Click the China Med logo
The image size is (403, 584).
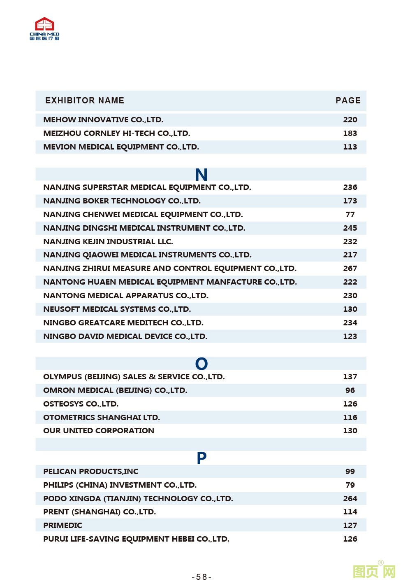click(44, 29)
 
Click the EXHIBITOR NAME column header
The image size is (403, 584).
click(85, 100)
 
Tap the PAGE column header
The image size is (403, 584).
click(348, 100)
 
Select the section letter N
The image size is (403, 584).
click(201, 175)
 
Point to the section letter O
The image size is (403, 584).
click(201, 364)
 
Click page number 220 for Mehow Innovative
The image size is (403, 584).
click(350, 120)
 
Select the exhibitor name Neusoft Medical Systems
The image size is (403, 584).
click(117, 309)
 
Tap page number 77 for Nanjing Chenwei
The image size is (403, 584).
click(350, 214)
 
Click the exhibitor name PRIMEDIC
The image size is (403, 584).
click(63, 526)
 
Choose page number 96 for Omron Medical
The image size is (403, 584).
click(350, 390)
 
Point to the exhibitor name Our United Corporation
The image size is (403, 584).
click(99, 430)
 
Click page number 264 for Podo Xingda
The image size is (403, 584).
click(350, 498)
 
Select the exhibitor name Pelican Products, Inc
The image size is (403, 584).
click(91, 472)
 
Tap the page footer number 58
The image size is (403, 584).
click(201, 577)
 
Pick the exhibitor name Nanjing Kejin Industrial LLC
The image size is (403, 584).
click(108, 241)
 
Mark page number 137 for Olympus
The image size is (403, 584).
click(350, 377)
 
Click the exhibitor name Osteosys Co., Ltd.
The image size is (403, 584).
click(81, 404)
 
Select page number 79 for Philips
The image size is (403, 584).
click(350, 485)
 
